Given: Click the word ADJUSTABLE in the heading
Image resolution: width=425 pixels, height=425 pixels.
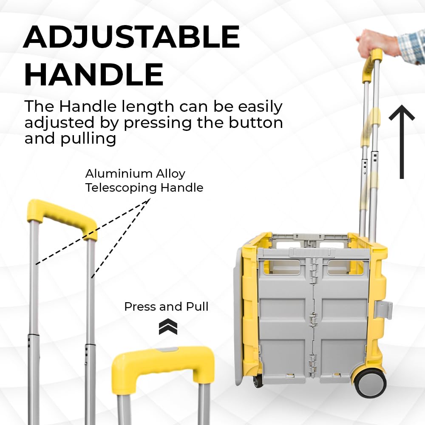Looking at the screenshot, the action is pyautogui.click(x=132, y=37).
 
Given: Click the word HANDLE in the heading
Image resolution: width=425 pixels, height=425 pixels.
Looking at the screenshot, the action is pyautogui.click(x=94, y=74).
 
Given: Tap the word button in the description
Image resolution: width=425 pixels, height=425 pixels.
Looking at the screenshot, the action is pyautogui.click(x=256, y=122).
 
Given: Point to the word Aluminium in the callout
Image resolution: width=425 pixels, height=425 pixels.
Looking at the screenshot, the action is pyautogui.click(x=119, y=173).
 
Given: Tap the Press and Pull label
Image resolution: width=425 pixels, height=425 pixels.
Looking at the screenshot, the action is pyautogui.click(x=167, y=306).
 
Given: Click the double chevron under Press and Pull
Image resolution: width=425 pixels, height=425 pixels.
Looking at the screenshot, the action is pyautogui.click(x=168, y=326).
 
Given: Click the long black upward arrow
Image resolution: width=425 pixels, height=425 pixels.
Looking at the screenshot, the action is pyautogui.click(x=402, y=142).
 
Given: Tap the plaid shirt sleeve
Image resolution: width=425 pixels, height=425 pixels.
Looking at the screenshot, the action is pyautogui.click(x=411, y=48).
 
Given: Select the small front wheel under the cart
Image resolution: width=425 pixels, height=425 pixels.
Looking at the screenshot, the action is pyautogui.click(x=258, y=380).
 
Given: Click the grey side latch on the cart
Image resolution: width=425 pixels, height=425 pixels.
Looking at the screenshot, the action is pyautogui.click(x=383, y=309).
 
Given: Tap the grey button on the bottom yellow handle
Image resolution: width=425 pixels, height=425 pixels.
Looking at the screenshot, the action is pyautogui.click(x=168, y=350).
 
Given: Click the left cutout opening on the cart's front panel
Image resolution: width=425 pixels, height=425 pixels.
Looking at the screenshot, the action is pyautogui.click(x=285, y=267).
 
